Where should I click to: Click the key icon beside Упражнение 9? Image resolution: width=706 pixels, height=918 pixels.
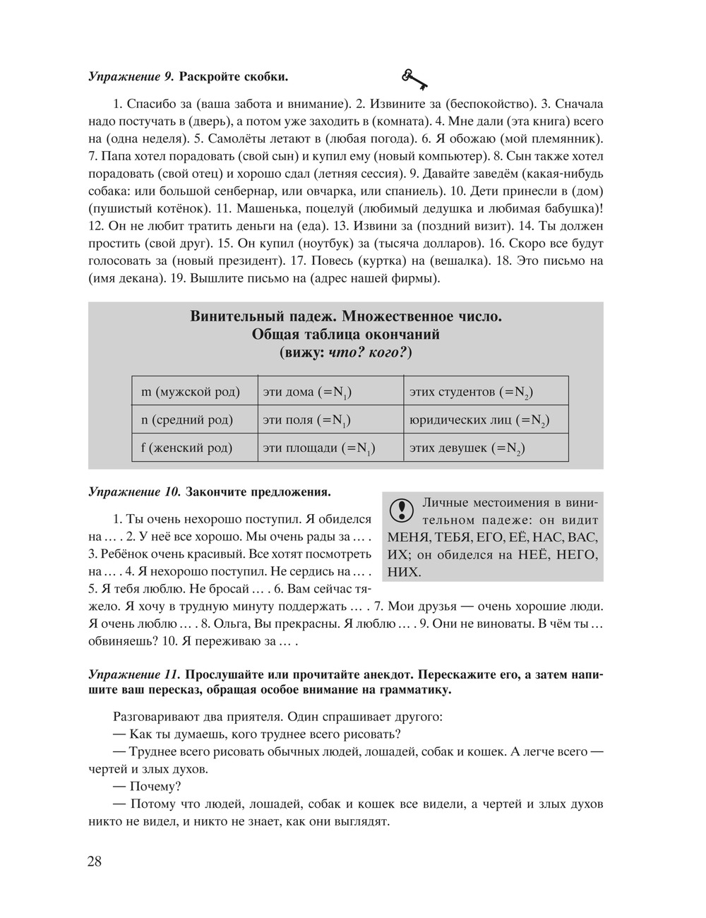tap(414, 78)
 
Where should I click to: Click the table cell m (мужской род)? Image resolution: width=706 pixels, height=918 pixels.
tap(191, 391)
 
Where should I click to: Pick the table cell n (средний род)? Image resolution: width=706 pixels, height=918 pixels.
tap(187, 419)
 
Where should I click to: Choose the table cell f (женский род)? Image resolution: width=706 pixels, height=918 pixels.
tap(187, 448)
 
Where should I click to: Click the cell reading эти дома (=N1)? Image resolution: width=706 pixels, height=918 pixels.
tap(308, 392)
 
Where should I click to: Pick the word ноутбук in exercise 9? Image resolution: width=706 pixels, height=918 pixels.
tap(324, 244)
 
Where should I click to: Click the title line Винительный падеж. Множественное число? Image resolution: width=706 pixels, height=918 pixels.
tap(346, 316)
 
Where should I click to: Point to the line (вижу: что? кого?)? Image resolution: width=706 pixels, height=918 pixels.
tap(346, 351)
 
